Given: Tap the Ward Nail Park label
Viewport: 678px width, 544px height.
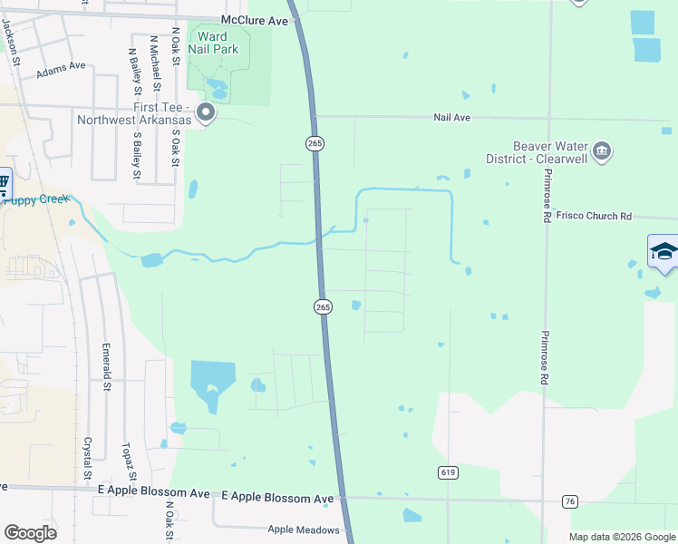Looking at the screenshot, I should coord(212,43).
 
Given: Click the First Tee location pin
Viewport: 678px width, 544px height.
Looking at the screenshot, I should coord(206,113).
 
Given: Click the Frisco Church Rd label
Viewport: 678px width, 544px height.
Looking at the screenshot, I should coord(593,217).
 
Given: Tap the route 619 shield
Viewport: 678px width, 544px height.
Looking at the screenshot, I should coord(447,472).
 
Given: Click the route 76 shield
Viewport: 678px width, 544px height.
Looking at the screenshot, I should coord(569,500).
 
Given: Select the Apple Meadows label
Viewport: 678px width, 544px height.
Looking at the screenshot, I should coord(303,529).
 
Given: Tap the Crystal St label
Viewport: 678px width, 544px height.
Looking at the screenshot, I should coord(88,459).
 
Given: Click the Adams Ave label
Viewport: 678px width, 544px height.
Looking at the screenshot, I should coord(61,70).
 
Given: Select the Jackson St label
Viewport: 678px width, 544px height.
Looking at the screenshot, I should coord(12,43).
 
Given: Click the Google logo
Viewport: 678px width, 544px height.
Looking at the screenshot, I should coord(30,533).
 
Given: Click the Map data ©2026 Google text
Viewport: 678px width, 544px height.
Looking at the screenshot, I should coord(621,537).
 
